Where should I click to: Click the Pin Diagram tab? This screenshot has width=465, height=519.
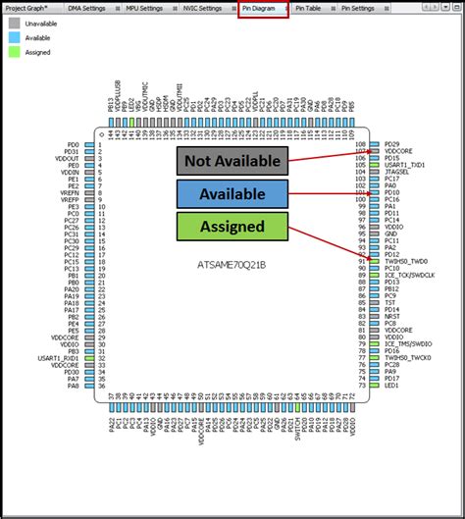[263, 8]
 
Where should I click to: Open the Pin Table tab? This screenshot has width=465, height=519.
[312, 8]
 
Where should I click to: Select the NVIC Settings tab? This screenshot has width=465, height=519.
[203, 8]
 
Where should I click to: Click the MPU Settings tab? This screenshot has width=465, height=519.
[144, 8]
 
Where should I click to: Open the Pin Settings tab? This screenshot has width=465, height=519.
[357, 8]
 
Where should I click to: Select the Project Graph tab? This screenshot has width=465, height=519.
[28, 8]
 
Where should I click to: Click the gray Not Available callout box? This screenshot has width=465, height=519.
[232, 161]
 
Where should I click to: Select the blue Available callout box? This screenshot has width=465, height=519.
[232, 193]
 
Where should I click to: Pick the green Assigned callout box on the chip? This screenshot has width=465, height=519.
[232, 226]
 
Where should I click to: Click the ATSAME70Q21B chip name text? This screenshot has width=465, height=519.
[232, 265]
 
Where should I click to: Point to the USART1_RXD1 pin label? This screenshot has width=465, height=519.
[61, 358]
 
